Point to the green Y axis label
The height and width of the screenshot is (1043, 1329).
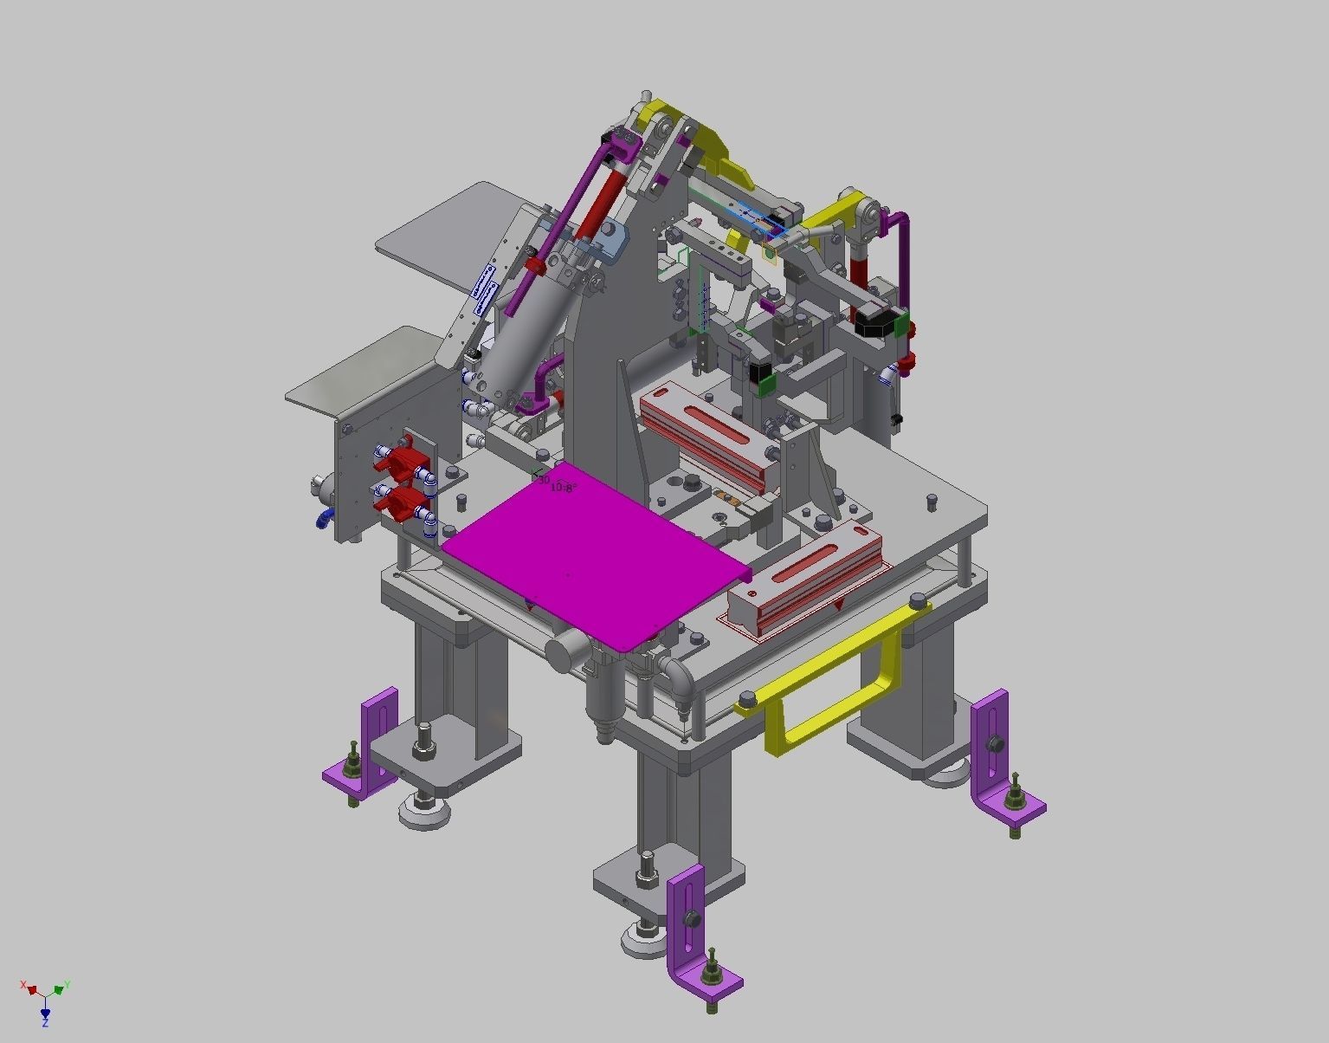67,986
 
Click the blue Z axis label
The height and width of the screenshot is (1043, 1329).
45,1023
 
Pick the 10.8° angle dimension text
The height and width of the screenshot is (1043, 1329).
564,488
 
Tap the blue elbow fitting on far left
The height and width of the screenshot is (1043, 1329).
324,518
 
